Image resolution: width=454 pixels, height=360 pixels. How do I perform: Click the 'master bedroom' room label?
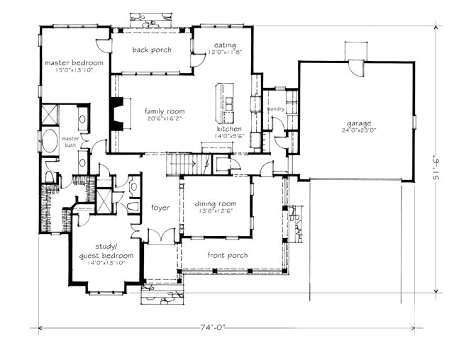[74, 63]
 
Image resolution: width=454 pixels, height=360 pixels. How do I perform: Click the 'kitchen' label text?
[230, 128]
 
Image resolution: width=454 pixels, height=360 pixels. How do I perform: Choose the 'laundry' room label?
[276, 109]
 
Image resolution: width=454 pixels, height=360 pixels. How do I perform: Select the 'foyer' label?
[160, 208]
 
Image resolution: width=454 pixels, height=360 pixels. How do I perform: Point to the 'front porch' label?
[227, 255]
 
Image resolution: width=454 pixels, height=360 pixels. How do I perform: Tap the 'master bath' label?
[70, 142]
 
